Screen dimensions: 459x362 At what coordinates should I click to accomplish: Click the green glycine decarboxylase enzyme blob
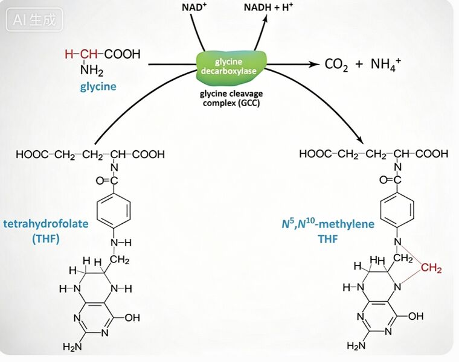[231, 66]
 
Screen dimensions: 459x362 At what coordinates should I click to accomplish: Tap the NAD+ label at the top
[194, 7]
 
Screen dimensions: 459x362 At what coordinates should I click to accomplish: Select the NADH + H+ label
[268, 7]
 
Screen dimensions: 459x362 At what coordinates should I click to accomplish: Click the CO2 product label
[336, 65]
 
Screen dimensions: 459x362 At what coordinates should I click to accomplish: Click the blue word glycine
[98, 87]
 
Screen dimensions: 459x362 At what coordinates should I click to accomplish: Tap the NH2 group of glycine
[92, 70]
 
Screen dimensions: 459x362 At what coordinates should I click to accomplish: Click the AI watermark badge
[34, 19]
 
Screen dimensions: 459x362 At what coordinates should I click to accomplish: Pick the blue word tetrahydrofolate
[46, 224]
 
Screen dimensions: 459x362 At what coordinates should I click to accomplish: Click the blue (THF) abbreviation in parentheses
[46, 239]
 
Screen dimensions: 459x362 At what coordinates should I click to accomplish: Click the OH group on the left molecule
[132, 317]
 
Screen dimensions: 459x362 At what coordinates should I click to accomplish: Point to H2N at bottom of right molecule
[356, 346]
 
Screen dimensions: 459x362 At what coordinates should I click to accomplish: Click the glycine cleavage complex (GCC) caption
[231, 98]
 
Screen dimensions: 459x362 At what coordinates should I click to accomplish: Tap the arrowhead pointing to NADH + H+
[265, 18]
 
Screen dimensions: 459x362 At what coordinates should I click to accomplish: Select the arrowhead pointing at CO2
[315, 64]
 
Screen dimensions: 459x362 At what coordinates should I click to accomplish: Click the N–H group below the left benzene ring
[121, 243]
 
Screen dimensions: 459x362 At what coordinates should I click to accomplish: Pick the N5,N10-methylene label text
[328, 224]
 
